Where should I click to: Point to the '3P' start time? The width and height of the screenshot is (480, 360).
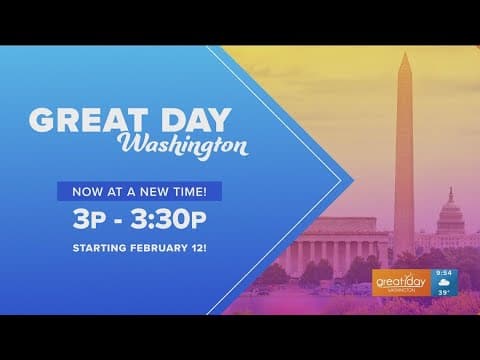92,218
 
